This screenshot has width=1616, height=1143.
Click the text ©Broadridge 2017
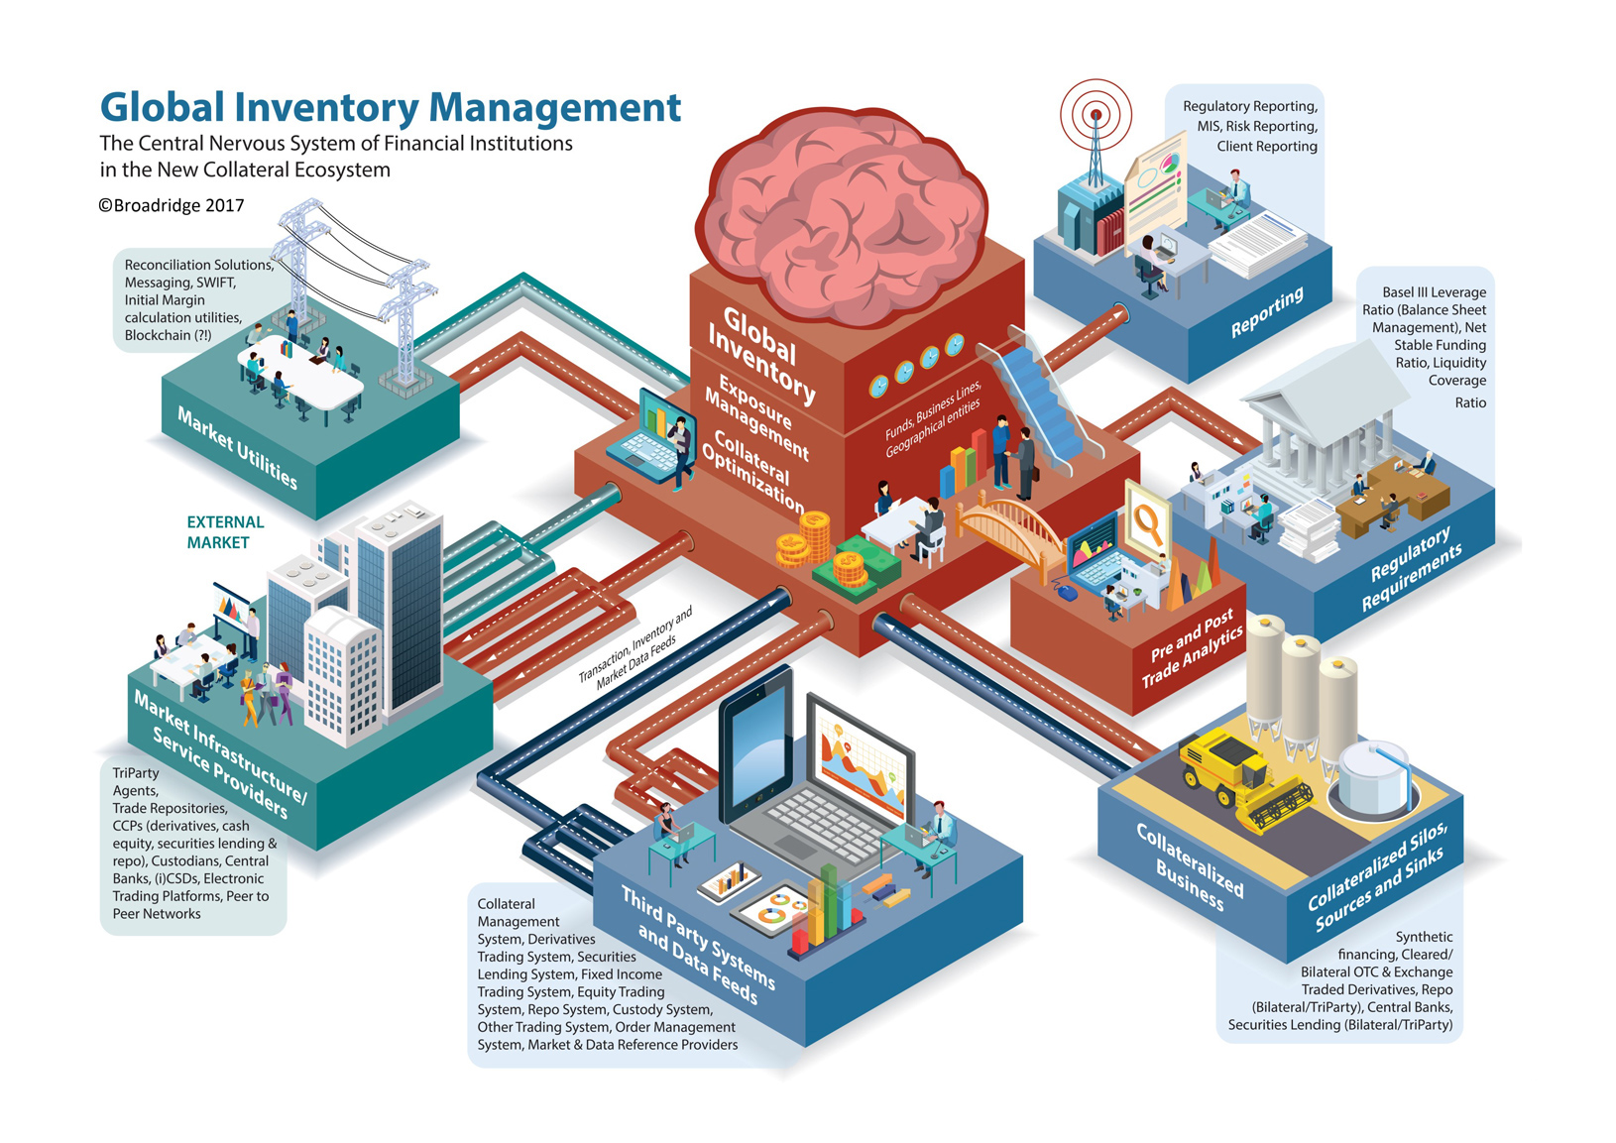[171, 206]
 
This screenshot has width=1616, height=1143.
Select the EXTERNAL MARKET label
[225, 532]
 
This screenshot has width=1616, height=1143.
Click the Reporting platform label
[1266, 312]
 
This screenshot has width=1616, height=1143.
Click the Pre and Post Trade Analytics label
[1192, 649]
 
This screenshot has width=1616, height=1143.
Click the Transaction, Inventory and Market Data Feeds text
[635, 649]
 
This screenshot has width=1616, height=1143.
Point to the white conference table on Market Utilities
[302, 372]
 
